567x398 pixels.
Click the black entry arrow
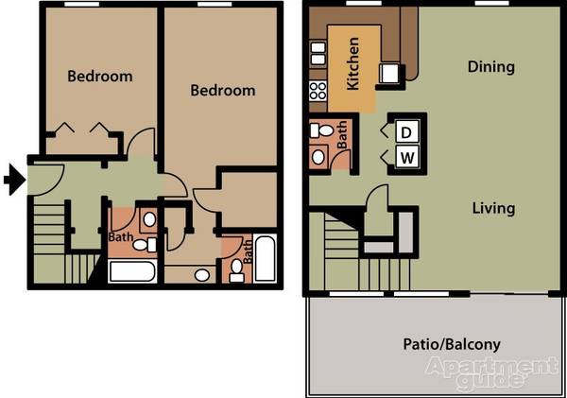[15, 180]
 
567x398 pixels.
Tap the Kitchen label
[352, 63]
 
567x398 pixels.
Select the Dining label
[490, 67]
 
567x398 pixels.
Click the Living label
[493, 209]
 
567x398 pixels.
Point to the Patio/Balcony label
[452, 344]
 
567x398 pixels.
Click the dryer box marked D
[406, 132]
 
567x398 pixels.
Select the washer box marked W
[407, 157]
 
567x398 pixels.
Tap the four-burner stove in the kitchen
[318, 91]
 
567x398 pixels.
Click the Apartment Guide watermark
[492, 373]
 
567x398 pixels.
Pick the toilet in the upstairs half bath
[321, 130]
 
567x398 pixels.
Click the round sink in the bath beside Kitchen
[318, 157]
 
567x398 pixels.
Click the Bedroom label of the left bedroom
[100, 77]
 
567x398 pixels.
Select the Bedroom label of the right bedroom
[223, 90]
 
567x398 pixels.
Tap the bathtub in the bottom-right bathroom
[265, 258]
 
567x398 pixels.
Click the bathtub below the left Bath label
[132, 271]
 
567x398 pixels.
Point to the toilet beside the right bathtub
[237, 270]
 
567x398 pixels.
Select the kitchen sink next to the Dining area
[389, 73]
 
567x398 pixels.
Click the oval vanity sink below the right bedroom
[202, 275]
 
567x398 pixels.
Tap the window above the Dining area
[491, 3]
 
